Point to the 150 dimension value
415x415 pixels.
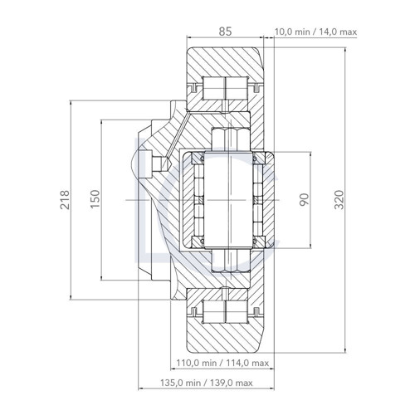click(95, 201)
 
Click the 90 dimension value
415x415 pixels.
click(304, 201)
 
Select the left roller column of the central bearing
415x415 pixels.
click(199, 201)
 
